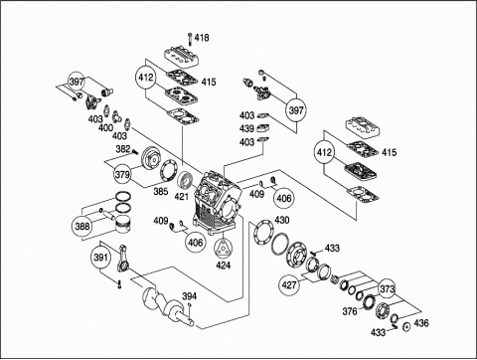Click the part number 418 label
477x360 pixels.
pos(202,38)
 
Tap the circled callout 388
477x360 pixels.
pos(82,226)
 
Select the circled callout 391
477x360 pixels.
pos(100,258)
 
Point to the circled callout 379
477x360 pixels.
pos(122,174)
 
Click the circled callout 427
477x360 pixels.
pos(289,284)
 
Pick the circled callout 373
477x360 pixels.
pos(388,289)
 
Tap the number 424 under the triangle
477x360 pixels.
pos(224,266)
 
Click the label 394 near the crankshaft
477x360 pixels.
pos(189,296)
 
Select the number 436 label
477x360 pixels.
pos(421,323)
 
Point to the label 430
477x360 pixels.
pos(282,220)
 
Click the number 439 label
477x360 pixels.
pos(246,128)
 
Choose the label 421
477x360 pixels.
pos(182,197)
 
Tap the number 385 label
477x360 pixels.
pos(161,191)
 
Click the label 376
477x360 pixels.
pos(350,311)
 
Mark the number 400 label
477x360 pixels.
pos(105,127)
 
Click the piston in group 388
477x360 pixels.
pos(123,226)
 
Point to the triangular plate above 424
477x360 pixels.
pos(224,248)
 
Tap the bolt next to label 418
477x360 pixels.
pos(190,39)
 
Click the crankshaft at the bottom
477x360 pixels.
pos(167,306)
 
